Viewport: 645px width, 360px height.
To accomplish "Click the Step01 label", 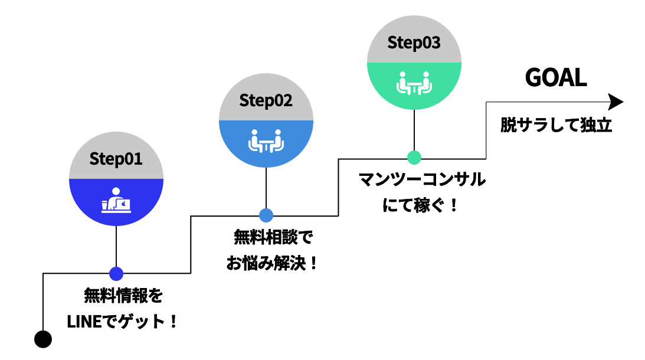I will coord(116,159).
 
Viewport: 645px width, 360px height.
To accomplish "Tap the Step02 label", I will coord(266,100).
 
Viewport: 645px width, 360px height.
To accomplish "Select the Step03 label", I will coord(414,43).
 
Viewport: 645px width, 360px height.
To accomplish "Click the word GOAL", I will coord(556,78).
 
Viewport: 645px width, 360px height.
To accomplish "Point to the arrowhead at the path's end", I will coord(615,102).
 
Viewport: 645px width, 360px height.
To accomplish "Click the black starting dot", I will coord(43,339).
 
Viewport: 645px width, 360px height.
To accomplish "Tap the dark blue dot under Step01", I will coord(116,273).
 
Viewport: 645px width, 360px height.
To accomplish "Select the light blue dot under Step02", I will coord(266,215).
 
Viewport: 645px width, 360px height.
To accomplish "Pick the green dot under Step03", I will coord(414,158).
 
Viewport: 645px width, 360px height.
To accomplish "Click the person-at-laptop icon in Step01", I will coord(116,200).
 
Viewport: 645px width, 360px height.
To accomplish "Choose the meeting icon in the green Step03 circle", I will coord(414,83).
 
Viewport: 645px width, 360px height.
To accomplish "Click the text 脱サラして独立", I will coord(556,126).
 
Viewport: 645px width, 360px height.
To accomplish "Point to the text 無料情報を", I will coord(123,294).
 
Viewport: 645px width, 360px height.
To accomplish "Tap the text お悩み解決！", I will coord(272,263).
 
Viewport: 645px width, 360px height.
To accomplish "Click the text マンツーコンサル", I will coord(423,179).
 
